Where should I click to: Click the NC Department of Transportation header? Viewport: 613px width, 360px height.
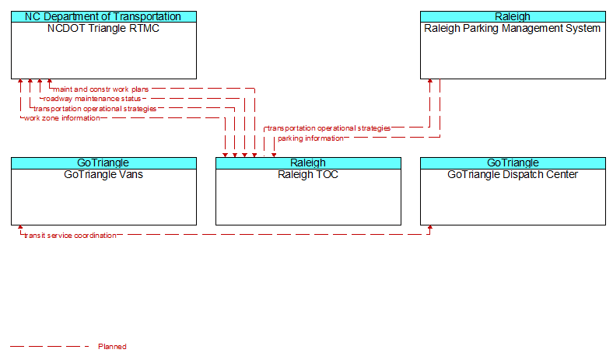coord(103,16)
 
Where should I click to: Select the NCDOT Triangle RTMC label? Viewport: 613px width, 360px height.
coord(103,28)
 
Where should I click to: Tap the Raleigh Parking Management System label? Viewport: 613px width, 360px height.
coord(512,28)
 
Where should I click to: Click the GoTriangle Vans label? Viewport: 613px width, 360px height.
coord(103,174)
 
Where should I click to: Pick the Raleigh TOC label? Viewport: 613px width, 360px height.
coord(308,174)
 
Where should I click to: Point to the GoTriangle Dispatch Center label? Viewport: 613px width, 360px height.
coord(513,174)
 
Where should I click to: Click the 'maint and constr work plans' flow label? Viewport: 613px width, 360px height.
coord(101,89)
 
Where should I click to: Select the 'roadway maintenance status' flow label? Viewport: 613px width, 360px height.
coord(92,99)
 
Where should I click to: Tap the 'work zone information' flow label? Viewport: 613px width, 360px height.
coord(61,118)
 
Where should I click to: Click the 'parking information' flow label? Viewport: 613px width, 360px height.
coord(311,138)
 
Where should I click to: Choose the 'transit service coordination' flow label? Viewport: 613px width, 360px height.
coord(70,236)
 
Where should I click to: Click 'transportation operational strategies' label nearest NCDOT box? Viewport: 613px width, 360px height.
coord(95,109)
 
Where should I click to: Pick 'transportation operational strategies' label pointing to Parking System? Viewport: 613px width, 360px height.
coord(329,128)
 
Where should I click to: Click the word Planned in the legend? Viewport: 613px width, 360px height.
coord(112,346)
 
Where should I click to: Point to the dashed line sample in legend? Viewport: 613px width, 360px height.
coord(50,346)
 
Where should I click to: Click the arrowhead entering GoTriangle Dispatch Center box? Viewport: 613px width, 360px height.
coord(430,228)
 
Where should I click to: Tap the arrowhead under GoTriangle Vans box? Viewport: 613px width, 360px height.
coord(20,228)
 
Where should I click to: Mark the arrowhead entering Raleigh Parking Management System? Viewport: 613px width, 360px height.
coord(430,82)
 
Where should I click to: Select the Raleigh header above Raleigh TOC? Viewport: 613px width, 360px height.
coord(308,163)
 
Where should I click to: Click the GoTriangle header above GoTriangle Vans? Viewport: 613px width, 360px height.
coord(103,163)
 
